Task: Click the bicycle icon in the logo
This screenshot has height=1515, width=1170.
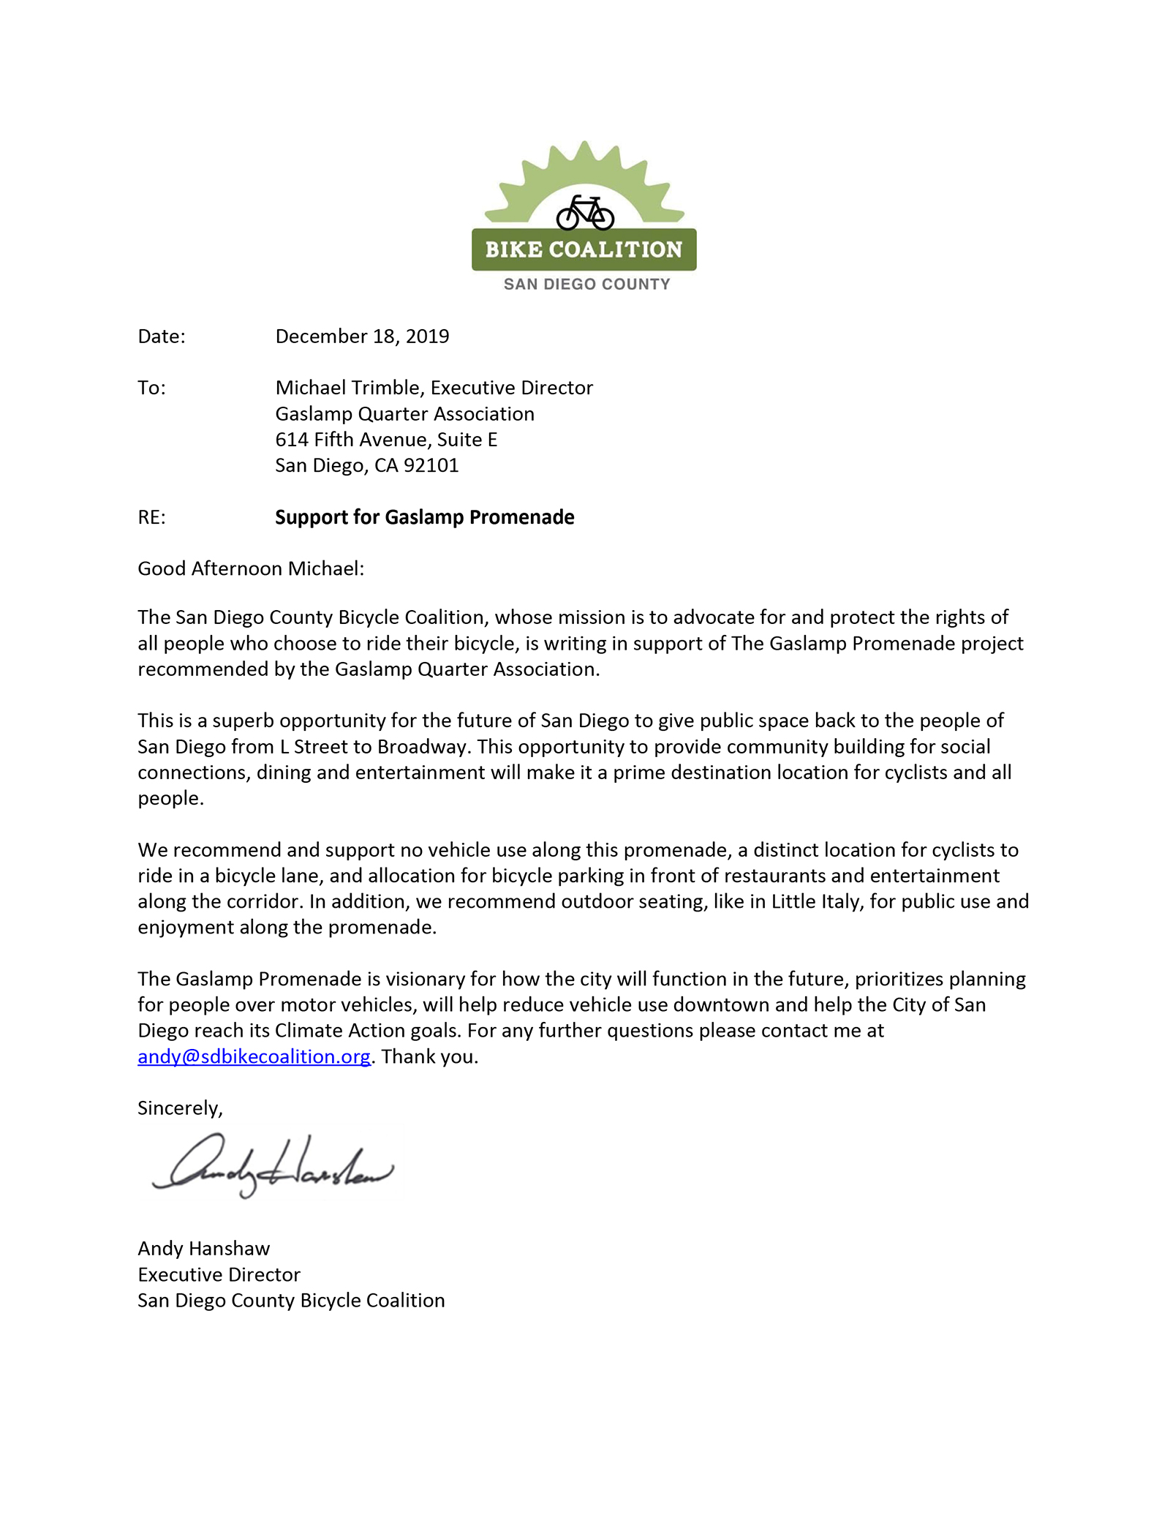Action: point(584,212)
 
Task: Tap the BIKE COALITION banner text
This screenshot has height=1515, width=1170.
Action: point(584,249)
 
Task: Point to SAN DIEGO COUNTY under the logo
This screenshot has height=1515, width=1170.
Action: point(586,285)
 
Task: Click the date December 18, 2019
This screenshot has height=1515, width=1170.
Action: point(362,337)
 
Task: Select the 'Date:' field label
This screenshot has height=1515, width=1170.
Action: point(162,337)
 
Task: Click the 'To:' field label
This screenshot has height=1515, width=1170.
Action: point(151,388)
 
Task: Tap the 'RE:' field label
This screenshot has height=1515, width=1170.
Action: point(151,518)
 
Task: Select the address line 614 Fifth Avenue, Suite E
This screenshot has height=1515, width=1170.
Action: point(386,440)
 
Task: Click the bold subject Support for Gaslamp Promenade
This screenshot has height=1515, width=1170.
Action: point(424,518)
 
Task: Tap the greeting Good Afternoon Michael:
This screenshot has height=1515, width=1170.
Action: point(251,569)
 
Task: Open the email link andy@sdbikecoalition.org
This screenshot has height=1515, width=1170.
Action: point(254,1057)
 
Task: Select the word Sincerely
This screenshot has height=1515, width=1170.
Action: point(178,1108)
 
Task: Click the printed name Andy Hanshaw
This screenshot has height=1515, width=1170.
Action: point(204,1249)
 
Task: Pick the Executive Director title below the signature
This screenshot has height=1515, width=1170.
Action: point(219,1275)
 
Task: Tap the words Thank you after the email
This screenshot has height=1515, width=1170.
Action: point(429,1057)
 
